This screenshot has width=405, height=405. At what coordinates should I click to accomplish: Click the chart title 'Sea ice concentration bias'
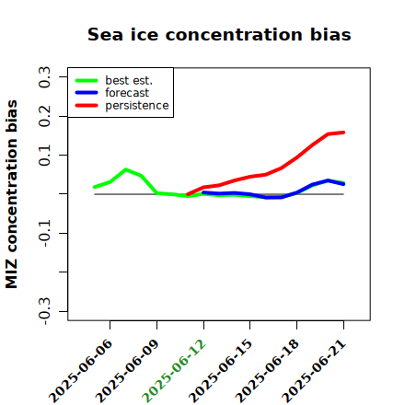point(219,34)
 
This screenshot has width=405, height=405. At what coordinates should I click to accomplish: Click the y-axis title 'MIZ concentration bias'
point(11,194)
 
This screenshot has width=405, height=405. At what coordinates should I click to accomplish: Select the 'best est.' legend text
point(129,80)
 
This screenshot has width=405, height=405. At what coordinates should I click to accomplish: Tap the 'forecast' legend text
point(127,93)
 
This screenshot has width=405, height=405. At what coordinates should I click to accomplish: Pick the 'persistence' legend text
point(137,106)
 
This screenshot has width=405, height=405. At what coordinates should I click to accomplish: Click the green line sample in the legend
point(87,80)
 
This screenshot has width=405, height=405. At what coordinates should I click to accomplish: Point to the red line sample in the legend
point(87,106)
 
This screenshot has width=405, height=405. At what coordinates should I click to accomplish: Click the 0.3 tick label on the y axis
point(44,77)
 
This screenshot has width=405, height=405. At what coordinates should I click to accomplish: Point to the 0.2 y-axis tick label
point(44,116)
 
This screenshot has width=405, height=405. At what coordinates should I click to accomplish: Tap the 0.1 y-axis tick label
point(44,156)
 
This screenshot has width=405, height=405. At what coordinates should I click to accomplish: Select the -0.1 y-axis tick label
point(44,233)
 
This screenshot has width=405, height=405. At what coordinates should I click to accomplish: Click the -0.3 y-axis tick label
point(44,311)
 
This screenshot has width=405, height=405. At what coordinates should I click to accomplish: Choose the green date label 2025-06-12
point(174,371)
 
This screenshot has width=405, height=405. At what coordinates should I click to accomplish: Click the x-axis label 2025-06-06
point(80,371)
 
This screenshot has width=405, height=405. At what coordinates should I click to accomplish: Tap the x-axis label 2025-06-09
point(127,371)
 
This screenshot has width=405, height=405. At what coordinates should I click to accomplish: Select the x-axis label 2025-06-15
point(220,371)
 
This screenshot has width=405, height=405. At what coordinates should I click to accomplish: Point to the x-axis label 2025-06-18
point(267,371)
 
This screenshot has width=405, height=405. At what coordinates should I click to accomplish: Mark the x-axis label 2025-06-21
point(314,371)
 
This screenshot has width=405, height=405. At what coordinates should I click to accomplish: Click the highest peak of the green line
point(125,169)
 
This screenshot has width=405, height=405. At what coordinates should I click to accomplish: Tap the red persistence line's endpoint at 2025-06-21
point(343,133)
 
